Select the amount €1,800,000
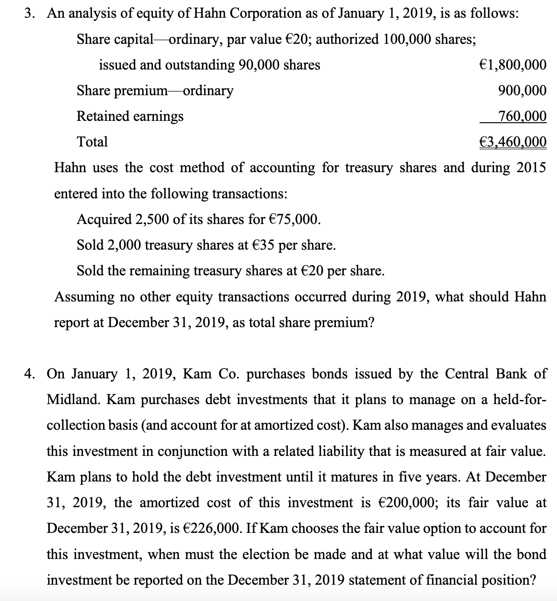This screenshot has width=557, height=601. (513, 65)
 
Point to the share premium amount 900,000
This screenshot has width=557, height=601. (522, 91)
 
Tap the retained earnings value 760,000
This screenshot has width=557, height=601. (522, 116)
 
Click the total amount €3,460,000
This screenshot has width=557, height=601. (513, 142)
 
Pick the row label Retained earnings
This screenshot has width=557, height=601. (130, 116)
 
